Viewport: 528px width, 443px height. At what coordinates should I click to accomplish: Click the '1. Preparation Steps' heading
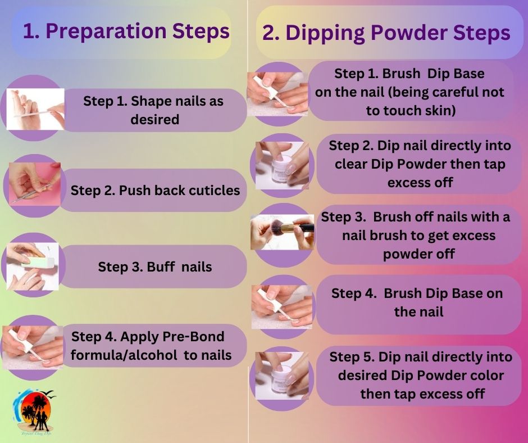coord(126,31)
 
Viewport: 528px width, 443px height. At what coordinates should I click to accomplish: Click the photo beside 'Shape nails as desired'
coord(35,109)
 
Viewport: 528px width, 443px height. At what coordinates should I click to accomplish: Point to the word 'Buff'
coord(159,266)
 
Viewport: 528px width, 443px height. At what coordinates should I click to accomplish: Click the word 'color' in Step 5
coord(486,375)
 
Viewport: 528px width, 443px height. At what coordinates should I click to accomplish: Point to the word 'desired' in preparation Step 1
coord(154,120)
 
